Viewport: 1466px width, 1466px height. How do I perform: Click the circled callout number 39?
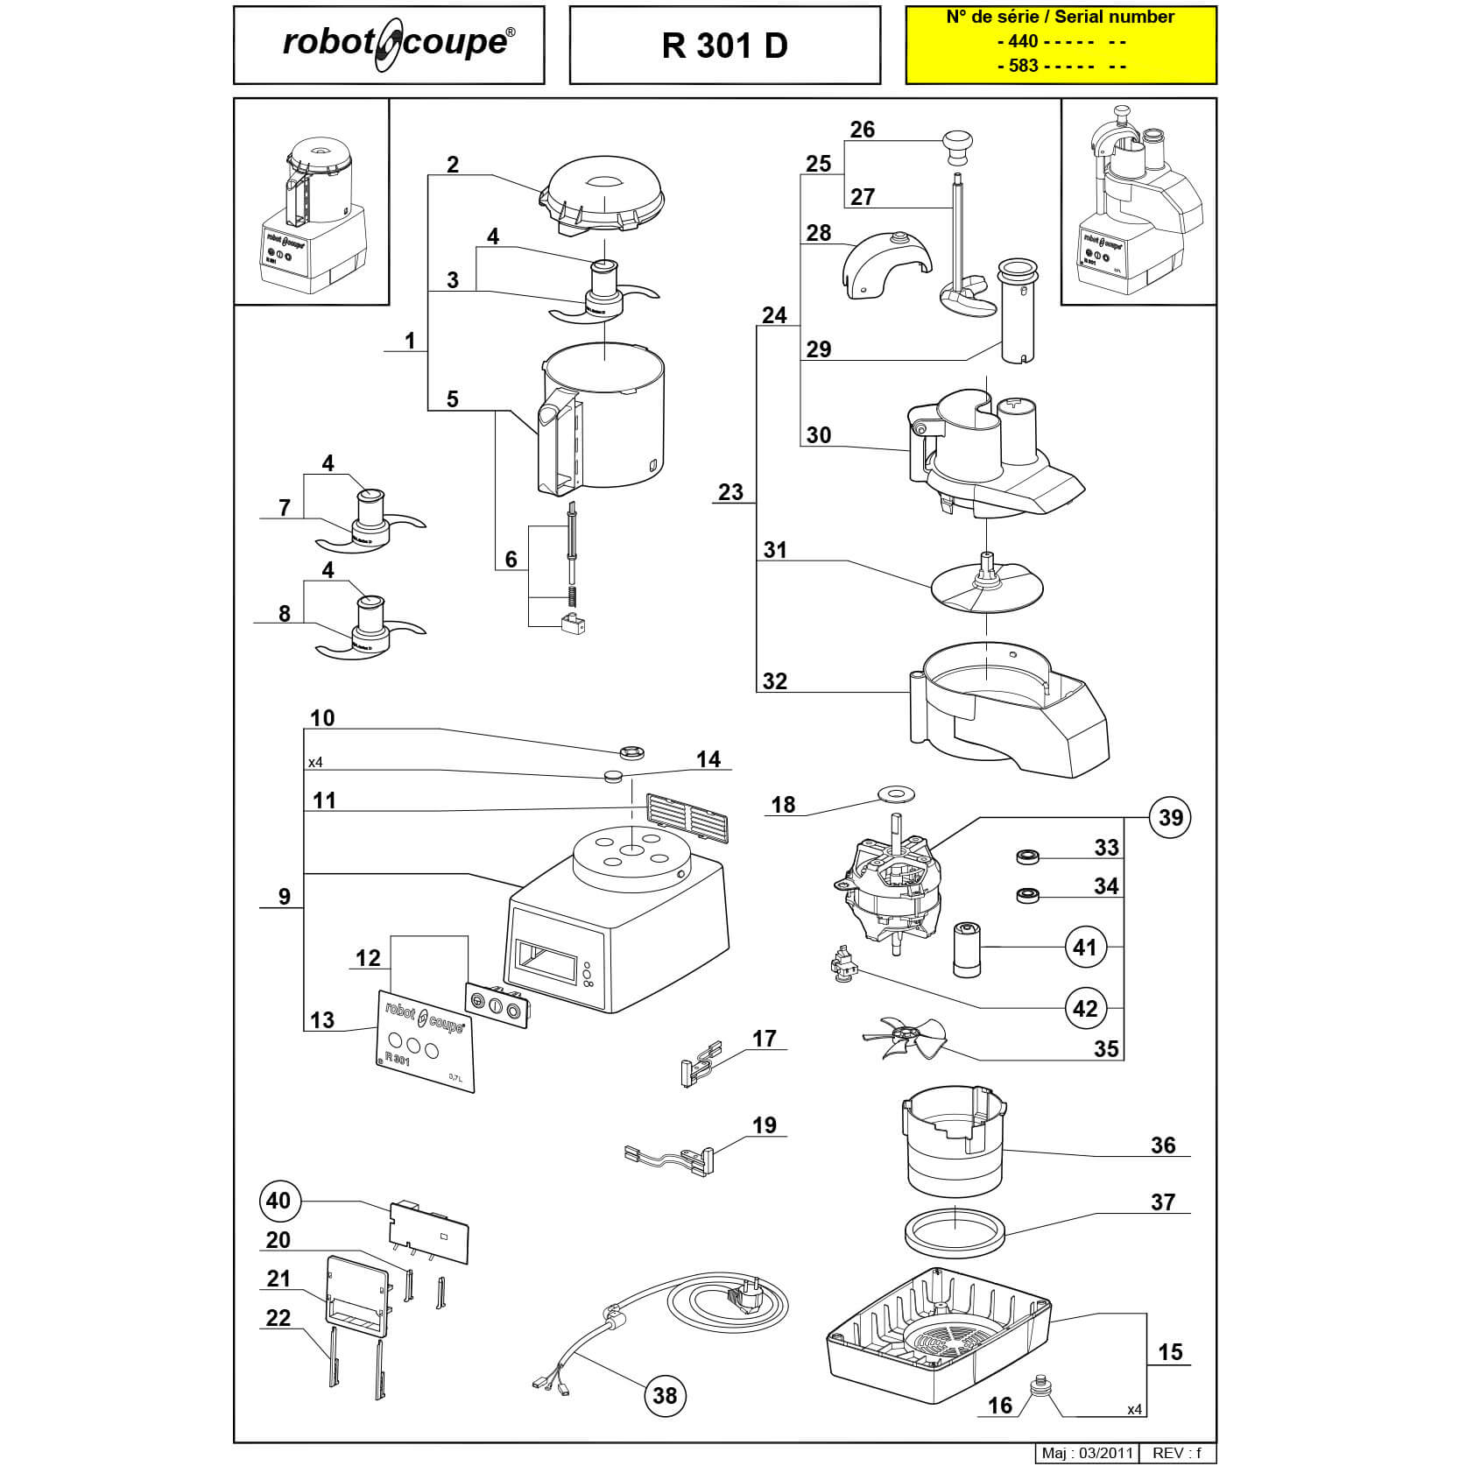(x=1170, y=817)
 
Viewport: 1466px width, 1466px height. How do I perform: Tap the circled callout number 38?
(x=665, y=1394)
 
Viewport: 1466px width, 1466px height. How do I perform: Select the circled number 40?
(x=278, y=1200)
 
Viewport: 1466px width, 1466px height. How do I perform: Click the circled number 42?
(x=1084, y=1009)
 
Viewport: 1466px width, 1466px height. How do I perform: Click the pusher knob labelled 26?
(x=958, y=144)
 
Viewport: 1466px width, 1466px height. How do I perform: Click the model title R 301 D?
(x=724, y=46)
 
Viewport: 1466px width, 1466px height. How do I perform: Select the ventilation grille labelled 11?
(x=687, y=818)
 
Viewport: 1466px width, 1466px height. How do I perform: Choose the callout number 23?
(x=730, y=492)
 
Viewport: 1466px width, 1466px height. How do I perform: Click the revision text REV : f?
(x=1177, y=1453)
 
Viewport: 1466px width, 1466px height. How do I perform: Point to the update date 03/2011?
(x=1107, y=1453)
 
